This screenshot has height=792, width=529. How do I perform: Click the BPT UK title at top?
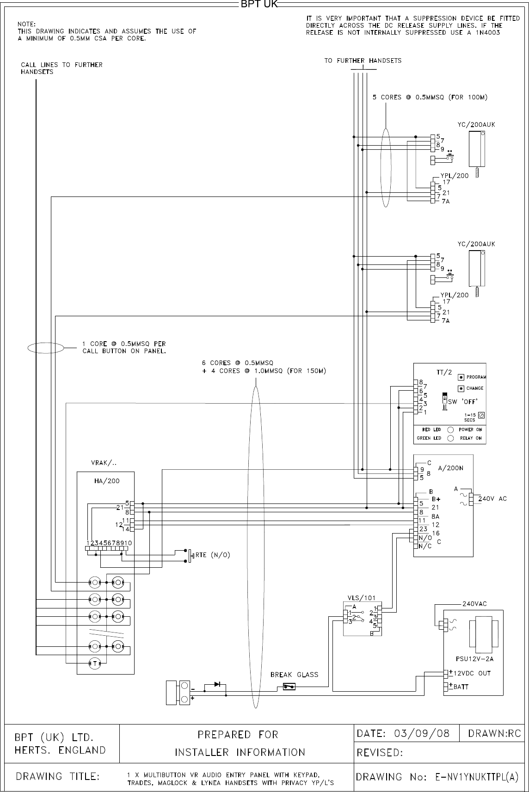258,5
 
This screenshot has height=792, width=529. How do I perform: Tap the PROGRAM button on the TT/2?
461,377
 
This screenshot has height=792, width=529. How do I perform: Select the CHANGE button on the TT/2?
461,388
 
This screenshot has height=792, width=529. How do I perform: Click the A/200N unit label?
450,467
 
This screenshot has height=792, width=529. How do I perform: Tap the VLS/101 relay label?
362,597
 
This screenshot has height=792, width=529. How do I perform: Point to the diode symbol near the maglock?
217,684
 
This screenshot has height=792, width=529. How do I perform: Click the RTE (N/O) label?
213,555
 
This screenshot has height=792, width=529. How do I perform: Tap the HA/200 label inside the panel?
107,481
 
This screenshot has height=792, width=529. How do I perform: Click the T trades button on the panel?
95,663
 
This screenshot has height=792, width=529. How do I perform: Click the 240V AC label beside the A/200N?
493,498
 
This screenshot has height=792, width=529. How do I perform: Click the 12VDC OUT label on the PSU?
472,673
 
